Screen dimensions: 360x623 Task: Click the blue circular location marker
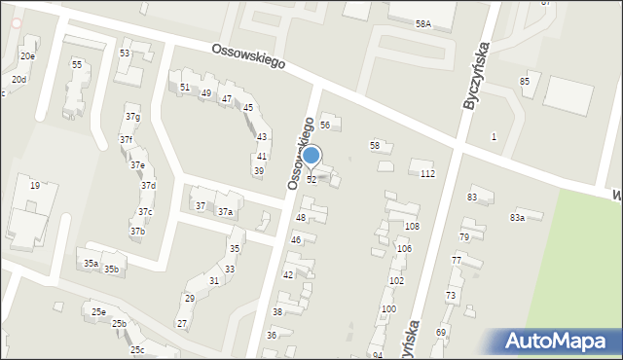(311, 155)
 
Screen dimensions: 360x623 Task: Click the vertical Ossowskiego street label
(301, 154)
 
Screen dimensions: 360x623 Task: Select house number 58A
(422, 23)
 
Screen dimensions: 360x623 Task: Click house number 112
(426, 173)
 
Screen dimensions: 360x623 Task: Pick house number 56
(325, 125)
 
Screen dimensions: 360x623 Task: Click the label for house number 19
(35, 185)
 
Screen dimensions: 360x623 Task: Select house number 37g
(132, 118)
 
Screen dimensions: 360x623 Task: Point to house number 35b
(111, 270)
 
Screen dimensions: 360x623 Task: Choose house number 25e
(98, 312)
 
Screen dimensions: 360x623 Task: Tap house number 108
(412, 226)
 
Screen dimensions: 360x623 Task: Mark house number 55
(77, 64)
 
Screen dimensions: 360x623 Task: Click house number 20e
(27, 56)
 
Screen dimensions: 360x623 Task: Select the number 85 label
(525, 81)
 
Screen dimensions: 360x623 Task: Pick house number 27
(181, 323)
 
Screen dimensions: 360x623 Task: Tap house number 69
(440, 333)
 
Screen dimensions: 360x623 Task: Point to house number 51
(185, 88)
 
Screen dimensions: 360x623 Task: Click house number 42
(288, 275)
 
